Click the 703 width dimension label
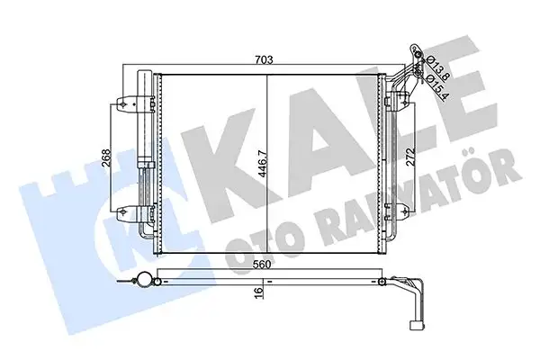[264, 60]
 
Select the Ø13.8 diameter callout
[433, 65]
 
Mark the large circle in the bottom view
[140, 281]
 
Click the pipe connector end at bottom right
[417, 319]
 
